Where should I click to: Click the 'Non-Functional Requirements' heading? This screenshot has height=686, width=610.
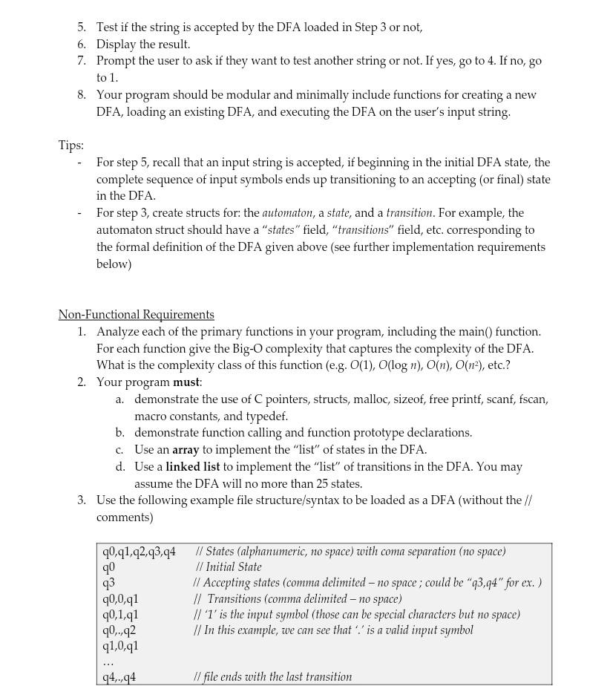click(136, 315)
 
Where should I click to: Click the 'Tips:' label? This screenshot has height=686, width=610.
click(71, 146)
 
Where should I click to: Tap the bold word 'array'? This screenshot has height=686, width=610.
click(186, 450)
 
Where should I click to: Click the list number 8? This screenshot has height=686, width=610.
click(81, 95)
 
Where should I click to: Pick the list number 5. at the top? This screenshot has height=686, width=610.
click(81, 27)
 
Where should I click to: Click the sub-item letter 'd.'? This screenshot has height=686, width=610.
click(119, 467)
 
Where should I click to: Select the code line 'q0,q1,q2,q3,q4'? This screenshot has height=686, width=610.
click(139, 552)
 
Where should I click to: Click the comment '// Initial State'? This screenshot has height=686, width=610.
click(229, 567)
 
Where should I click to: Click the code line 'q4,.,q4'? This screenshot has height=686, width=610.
click(119, 677)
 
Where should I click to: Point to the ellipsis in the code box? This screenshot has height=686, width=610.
click(108, 661)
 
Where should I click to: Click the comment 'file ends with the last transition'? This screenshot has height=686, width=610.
click(276, 677)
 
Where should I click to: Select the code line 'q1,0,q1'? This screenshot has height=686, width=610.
click(120, 646)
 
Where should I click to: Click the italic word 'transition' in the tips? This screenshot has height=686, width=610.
click(409, 213)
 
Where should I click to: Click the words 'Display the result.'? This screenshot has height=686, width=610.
click(143, 45)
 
